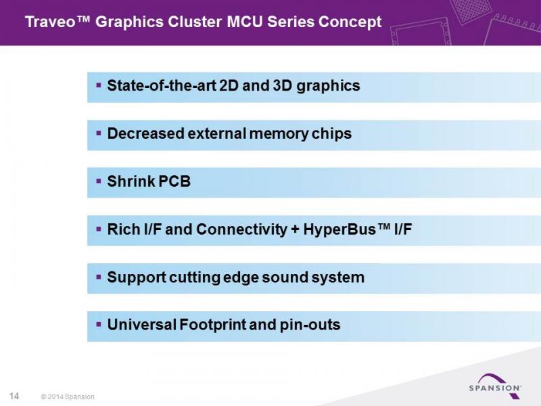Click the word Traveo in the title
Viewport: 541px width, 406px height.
tap(51, 22)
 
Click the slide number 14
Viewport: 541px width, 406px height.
tap(14, 396)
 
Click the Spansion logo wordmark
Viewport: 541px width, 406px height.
tap(495, 388)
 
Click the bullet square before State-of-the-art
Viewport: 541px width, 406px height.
tap(99, 85)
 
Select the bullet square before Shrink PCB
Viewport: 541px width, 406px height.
tap(99, 181)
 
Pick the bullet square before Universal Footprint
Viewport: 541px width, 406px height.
tap(99, 324)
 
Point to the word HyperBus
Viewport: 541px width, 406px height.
tap(339, 229)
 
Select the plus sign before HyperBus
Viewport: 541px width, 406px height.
tap(295, 230)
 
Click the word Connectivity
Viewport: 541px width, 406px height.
tap(241, 229)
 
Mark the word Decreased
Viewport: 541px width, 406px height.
tap(145, 133)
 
